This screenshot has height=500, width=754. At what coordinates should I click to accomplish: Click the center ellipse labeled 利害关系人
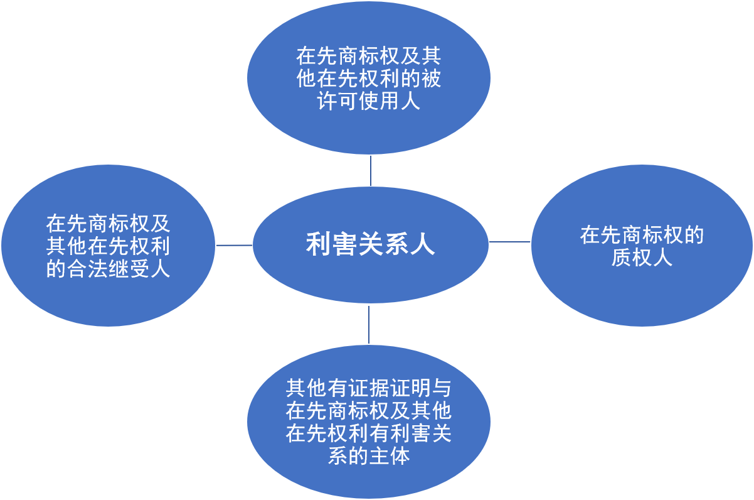tap(370, 245)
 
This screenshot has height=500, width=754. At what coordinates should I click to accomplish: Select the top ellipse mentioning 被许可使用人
tap(369, 78)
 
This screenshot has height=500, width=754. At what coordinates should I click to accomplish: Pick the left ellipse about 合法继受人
tap(108, 246)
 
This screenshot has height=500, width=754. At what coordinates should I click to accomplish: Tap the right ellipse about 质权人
tap(642, 246)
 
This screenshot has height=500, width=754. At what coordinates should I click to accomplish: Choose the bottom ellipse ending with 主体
tap(369, 421)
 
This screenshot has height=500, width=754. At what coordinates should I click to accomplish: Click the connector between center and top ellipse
tap(371, 171)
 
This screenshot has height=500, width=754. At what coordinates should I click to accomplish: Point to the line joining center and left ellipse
tap(234, 245)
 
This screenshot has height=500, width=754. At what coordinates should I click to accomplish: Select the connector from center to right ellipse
tap(509, 241)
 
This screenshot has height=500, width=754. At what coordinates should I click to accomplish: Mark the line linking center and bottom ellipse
tap(369, 325)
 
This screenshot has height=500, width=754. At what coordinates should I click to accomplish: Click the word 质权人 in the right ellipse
tap(642, 258)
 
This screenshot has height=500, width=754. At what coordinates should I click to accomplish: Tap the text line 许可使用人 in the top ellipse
tap(369, 101)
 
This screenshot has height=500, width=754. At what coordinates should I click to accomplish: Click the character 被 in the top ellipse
tap(431, 79)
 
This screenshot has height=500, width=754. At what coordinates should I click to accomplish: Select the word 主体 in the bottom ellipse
tap(390, 456)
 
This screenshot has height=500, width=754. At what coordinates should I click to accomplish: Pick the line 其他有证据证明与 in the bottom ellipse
tap(369, 388)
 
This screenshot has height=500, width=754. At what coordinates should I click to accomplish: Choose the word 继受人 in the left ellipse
tap(139, 269)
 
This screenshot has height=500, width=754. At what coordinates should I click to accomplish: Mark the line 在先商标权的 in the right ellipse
tap(642, 235)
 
